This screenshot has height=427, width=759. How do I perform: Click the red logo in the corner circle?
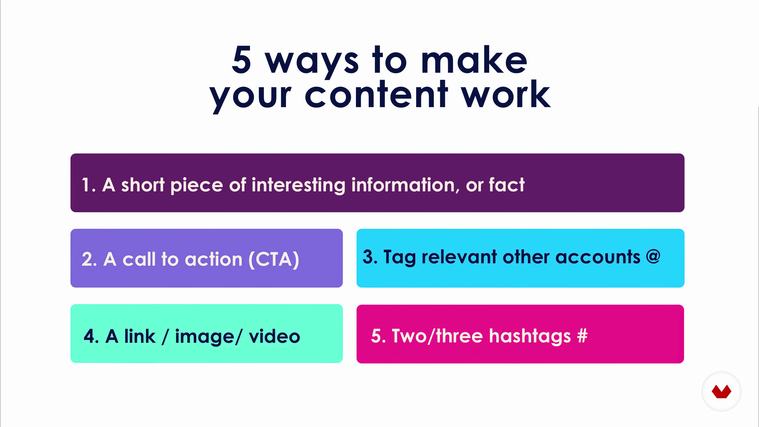(x=721, y=391)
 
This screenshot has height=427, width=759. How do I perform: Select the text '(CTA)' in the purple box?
(x=274, y=259)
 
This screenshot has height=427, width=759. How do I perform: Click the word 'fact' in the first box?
(x=507, y=185)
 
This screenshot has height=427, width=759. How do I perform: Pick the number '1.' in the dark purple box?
(x=89, y=185)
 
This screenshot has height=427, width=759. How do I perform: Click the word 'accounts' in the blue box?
(x=598, y=257)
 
